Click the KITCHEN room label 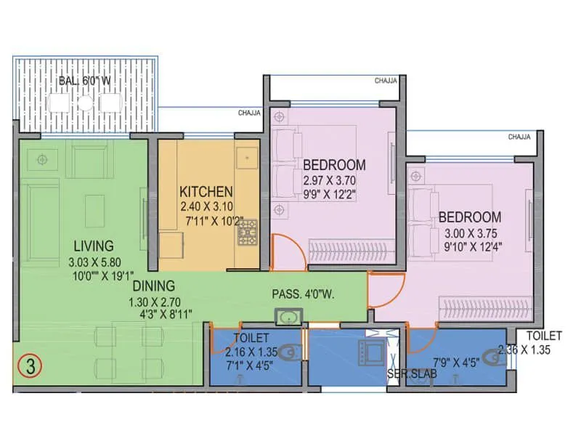(x=206, y=193)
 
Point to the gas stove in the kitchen (x=247, y=232)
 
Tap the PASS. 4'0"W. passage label (x=302, y=295)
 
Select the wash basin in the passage (x=284, y=316)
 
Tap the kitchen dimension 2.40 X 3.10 (x=206, y=207)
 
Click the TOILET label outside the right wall (x=544, y=336)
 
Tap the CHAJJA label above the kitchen (x=249, y=113)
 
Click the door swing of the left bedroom (x=285, y=250)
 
